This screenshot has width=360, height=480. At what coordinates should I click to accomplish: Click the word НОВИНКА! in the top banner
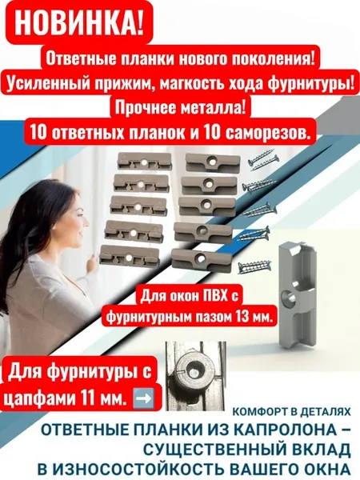79,23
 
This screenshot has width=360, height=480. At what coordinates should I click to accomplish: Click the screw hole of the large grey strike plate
287,296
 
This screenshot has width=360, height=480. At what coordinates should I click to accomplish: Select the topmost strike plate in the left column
144,161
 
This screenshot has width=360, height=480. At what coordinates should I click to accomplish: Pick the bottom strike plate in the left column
129,257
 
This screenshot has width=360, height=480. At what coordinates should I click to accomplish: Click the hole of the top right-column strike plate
210,160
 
